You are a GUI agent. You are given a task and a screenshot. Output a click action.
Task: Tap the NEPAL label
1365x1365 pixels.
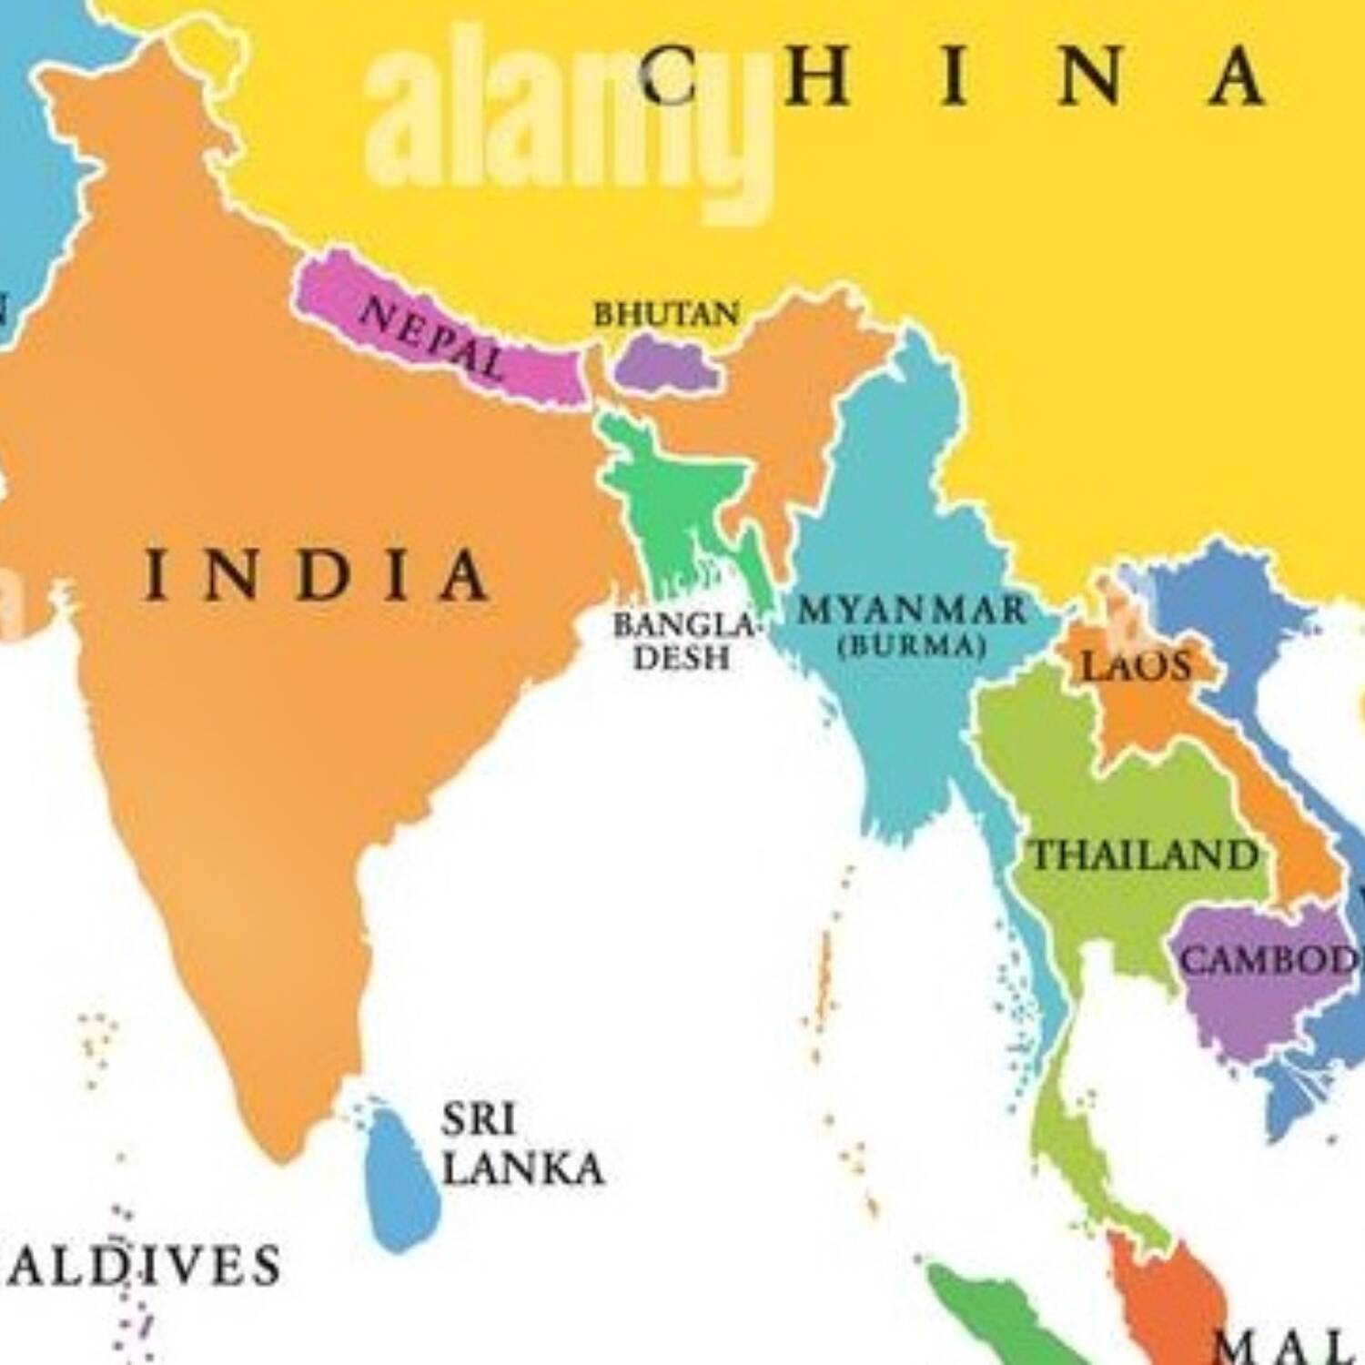click(x=432, y=339)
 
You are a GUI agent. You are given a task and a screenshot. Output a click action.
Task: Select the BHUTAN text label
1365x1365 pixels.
click(x=666, y=315)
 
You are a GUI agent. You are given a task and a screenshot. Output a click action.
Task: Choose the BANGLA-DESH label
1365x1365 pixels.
click(x=683, y=642)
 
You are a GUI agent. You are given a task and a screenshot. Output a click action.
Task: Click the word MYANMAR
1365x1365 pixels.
click(x=912, y=610)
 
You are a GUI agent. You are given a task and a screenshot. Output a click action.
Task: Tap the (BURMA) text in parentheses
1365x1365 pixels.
click(x=912, y=646)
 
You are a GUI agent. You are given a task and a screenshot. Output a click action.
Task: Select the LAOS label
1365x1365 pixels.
click(x=1136, y=666)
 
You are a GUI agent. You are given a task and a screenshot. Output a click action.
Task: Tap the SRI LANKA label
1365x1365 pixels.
click(x=521, y=1145)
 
